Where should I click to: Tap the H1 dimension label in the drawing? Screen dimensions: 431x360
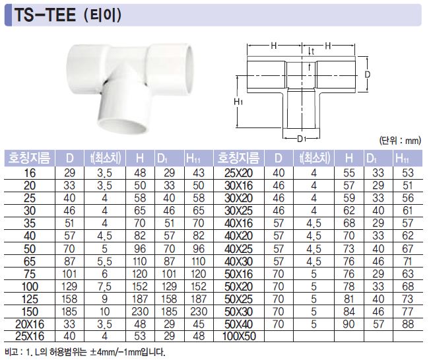click(238, 102)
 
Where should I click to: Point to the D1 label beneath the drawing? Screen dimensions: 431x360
click(302, 139)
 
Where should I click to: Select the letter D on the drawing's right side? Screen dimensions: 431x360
click(367, 74)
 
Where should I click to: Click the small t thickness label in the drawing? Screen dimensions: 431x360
click(313, 52)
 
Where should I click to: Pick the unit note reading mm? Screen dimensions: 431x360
click(400, 141)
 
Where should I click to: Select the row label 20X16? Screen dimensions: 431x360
click(30, 324)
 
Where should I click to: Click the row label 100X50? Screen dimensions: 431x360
click(239, 336)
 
